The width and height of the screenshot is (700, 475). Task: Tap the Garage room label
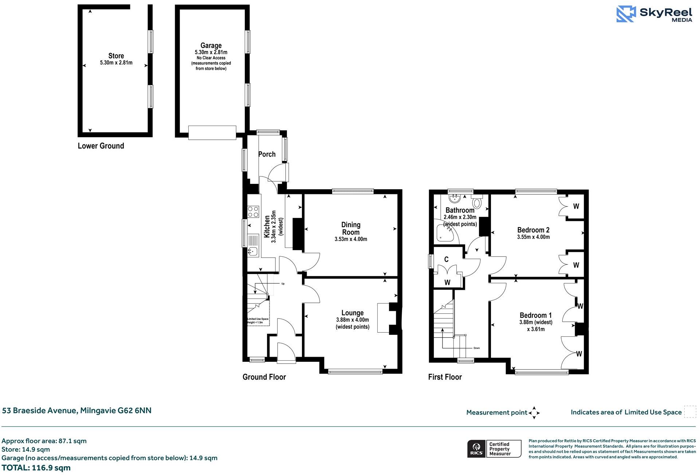point(211,45)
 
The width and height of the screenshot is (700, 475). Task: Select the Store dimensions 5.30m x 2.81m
point(116,63)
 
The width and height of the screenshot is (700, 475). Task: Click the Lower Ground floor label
point(101,146)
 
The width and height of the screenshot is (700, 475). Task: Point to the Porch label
point(267,154)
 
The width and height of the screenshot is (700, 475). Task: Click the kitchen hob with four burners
point(253,212)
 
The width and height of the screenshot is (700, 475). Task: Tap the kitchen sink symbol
point(253,251)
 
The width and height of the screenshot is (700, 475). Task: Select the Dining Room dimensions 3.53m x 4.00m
point(351,239)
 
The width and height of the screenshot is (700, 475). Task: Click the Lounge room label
point(352,313)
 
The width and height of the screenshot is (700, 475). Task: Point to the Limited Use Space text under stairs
point(258,321)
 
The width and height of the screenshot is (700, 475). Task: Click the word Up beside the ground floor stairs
point(283,284)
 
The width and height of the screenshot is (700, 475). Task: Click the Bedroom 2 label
point(533,230)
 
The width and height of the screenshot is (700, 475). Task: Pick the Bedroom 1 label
point(535,315)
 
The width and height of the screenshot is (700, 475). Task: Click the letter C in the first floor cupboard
point(447,260)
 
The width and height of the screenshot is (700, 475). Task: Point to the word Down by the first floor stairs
point(477,348)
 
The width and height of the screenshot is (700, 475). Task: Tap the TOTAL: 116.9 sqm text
point(36,468)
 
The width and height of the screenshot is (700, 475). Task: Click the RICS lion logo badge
point(476,449)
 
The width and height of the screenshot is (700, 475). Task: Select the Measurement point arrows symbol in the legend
point(534,413)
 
